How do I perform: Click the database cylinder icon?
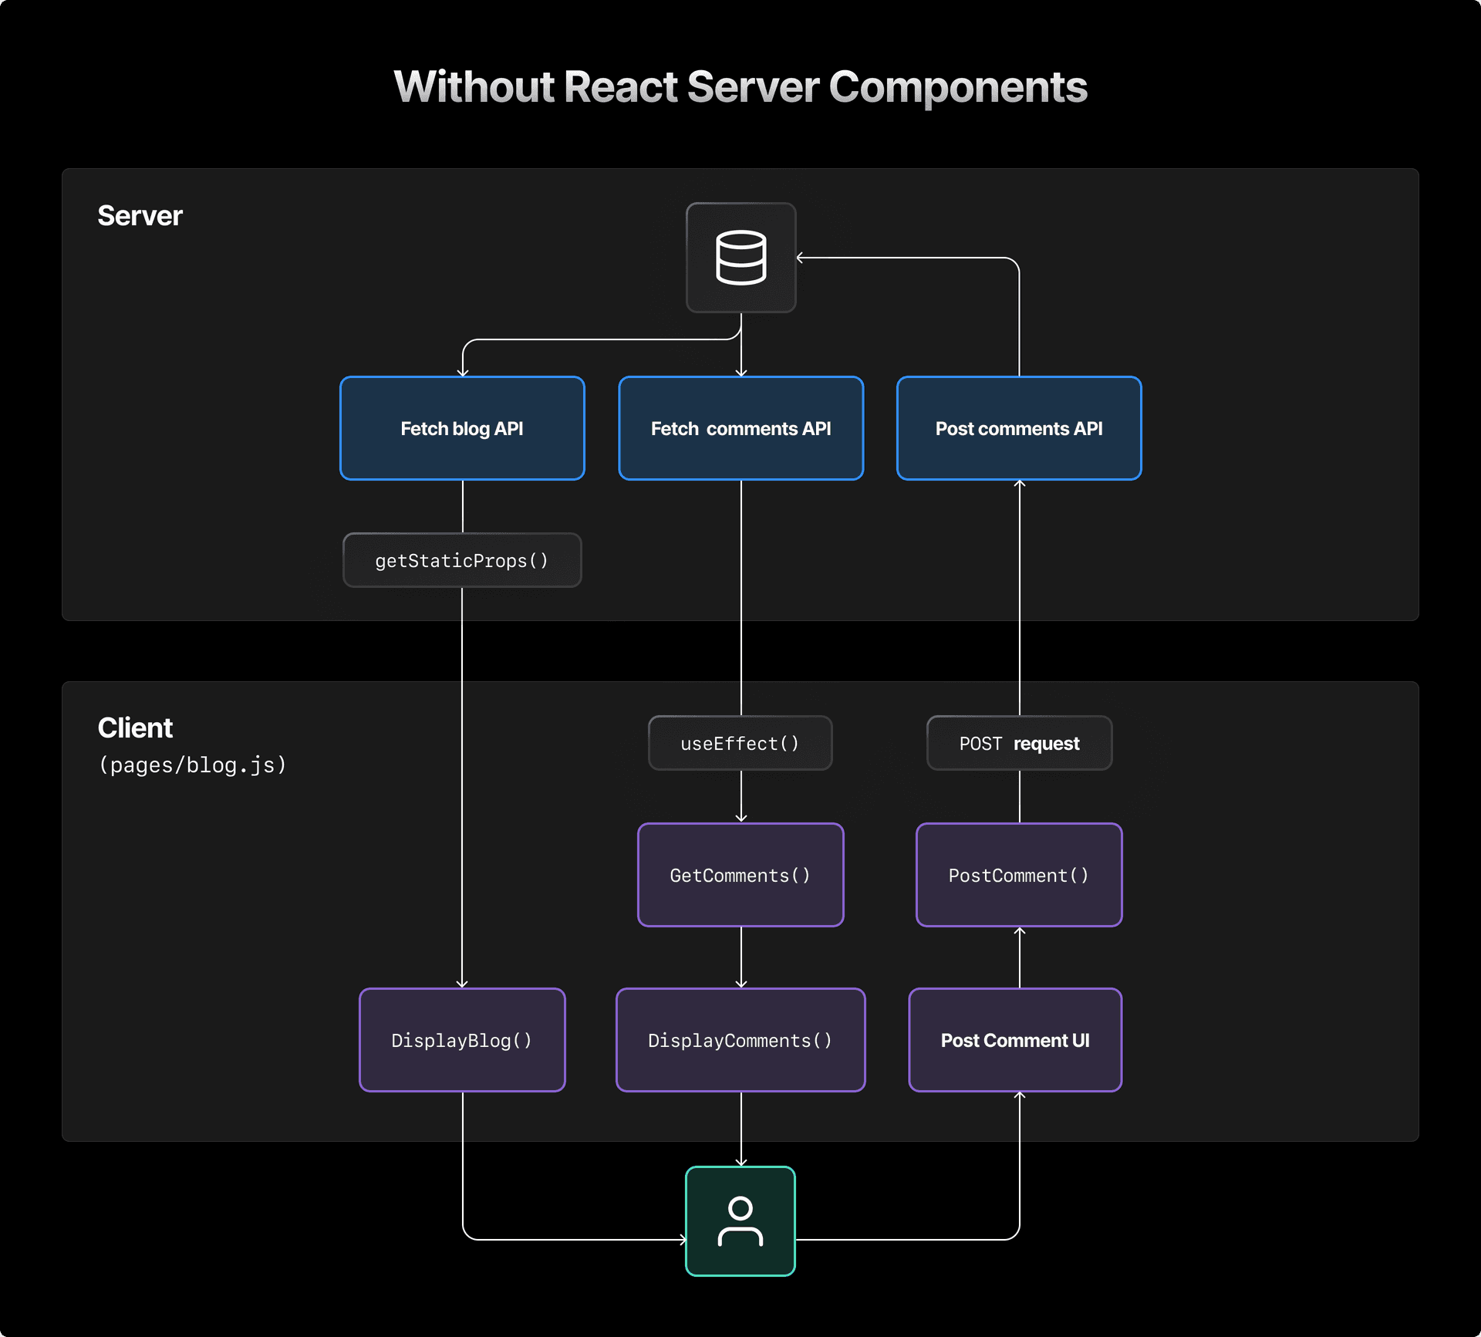pyautogui.click(x=740, y=258)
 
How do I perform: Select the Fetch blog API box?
pyautogui.click(x=462, y=428)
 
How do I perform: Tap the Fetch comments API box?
pyautogui.click(x=740, y=428)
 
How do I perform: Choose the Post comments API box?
pyautogui.click(x=1019, y=428)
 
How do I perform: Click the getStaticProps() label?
pyautogui.click(x=462, y=561)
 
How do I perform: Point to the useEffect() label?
pyautogui.click(x=740, y=744)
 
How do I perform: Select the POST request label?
pyautogui.click(x=1019, y=744)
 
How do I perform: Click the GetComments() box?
pyautogui.click(x=740, y=875)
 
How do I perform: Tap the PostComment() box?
pyautogui.click(x=1019, y=875)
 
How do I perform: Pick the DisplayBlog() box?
pyautogui.click(x=462, y=1040)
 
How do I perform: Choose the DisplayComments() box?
pyautogui.click(x=740, y=1040)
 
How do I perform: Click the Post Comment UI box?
pyautogui.click(x=1015, y=1040)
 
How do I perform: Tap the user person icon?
pyautogui.click(x=740, y=1221)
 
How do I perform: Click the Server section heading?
pyautogui.click(x=140, y=216)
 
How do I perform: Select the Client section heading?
pyautogui.click(x=135, y=728)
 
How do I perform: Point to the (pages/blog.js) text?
pyautogui.click(x=193, y=765)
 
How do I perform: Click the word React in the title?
pyautogui.click(x=621, y=86)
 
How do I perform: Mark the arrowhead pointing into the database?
pyautogui.click(x=801, y=258)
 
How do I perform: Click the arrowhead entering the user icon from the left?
pyautogui.click(x=683, y=1240)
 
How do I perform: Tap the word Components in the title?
pyautogui.click(x=958, y=86)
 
